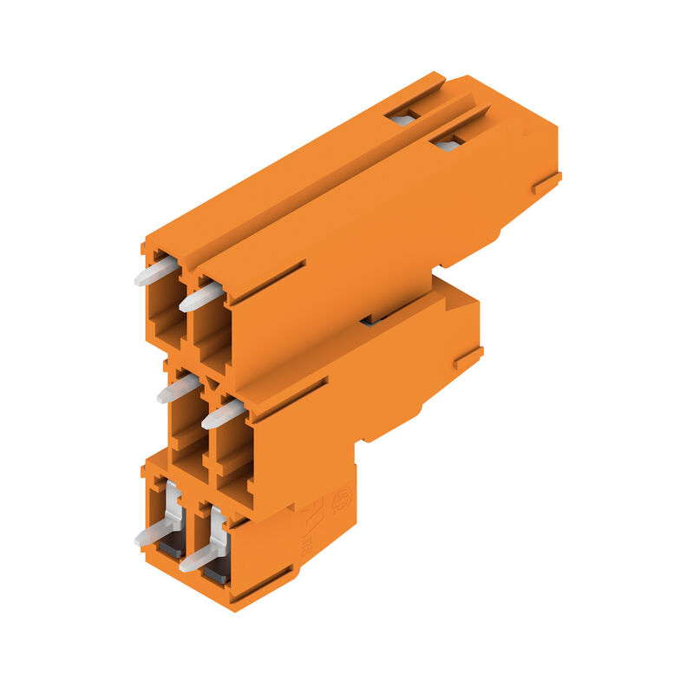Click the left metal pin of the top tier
click(x=155, y=272)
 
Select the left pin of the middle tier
click(x=179, y=389)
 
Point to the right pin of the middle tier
click(x=223, y=413)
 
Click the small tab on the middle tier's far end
click(x=468, y=357)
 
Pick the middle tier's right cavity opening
click(x=232, y=451)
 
